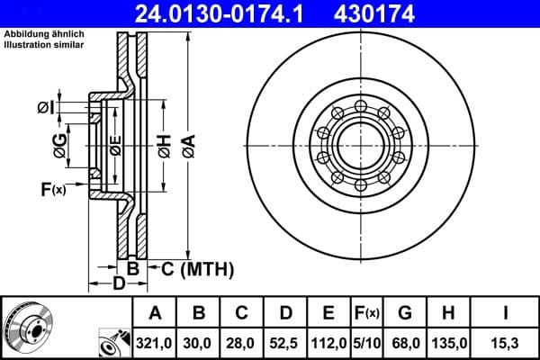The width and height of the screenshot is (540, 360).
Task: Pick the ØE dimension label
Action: click(114, 145)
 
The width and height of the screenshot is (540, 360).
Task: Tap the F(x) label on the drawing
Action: click(53, 189)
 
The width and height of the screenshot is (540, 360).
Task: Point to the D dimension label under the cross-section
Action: click(118, 285)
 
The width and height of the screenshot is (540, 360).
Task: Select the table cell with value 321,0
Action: click(155, 342)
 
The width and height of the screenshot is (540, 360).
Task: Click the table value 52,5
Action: click(285, 342)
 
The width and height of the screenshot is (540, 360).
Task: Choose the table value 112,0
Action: click(328, 342)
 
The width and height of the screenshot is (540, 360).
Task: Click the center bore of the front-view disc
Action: click(360, 146)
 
